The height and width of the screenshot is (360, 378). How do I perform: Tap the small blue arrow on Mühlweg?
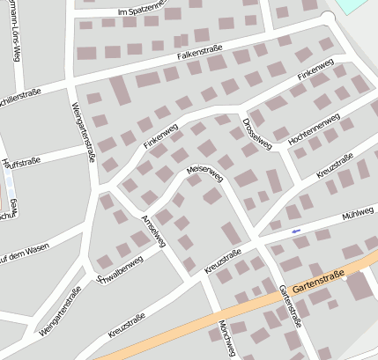coord(295,231)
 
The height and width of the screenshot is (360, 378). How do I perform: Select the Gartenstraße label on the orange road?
coord(317,280)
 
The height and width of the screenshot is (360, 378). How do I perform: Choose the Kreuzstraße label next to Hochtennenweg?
coord(335,164)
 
